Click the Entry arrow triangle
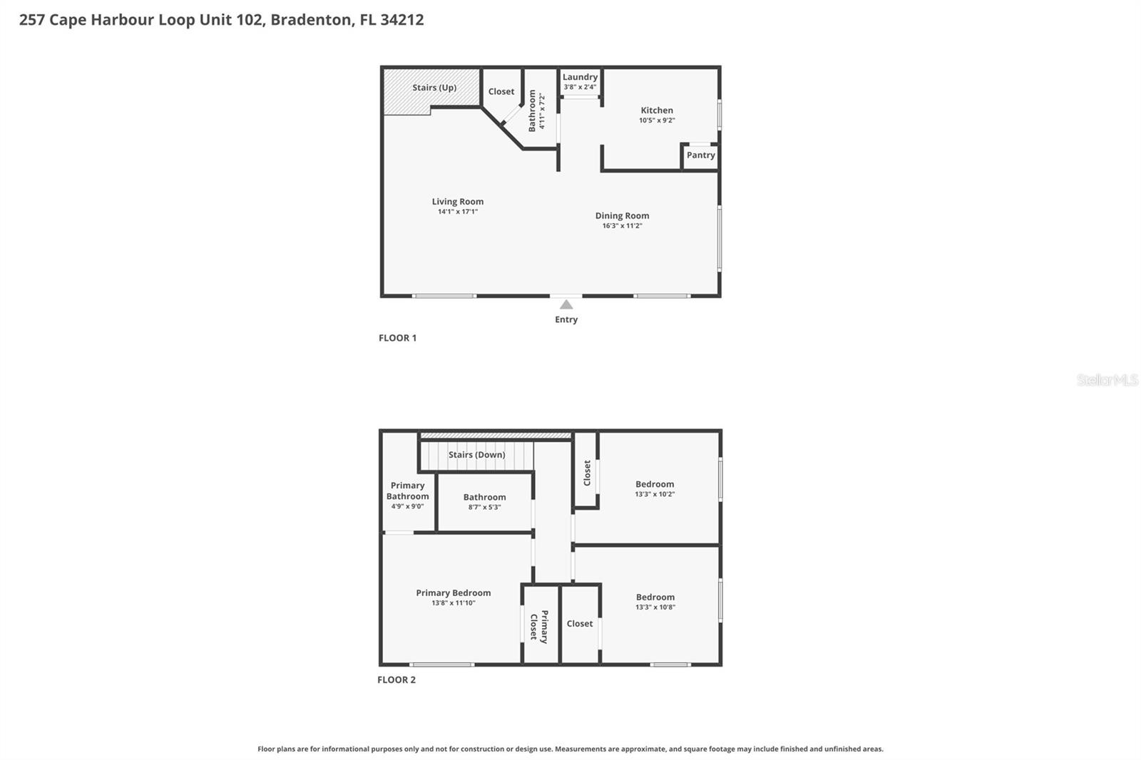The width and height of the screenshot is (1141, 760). [x=566, y=305]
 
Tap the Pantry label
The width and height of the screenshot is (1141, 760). [x=700, y=155]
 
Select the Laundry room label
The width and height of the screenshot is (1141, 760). [x=580, y=77]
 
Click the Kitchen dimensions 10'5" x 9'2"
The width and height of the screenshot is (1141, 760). [x=657, y=120]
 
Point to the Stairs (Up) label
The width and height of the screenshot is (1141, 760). [x=434, y=88]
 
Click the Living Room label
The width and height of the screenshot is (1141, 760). [x=458, y=202]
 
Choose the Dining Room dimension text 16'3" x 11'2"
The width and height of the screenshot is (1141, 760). [x=622, y=226]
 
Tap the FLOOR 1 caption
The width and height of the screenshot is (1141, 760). [x=397, y=338]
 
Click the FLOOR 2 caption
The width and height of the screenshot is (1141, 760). [x=396, y=679]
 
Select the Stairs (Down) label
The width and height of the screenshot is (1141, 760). [x=476, y=455]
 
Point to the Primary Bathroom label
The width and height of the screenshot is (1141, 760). [x=408, y=491]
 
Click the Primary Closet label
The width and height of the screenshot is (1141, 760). [x=539, y=626]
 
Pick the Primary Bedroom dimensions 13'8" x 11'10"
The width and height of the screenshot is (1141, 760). [x=454, y=603]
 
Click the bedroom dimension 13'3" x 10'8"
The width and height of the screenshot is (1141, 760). [x=655, y=607]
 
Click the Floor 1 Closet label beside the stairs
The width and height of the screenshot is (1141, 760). [x=501, y=92]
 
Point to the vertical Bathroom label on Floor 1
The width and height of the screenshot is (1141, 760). [x=532, y=111]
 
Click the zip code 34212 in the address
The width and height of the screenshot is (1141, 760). [x=402, y=20]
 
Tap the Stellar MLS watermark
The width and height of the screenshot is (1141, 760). [x=1107, y=380]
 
